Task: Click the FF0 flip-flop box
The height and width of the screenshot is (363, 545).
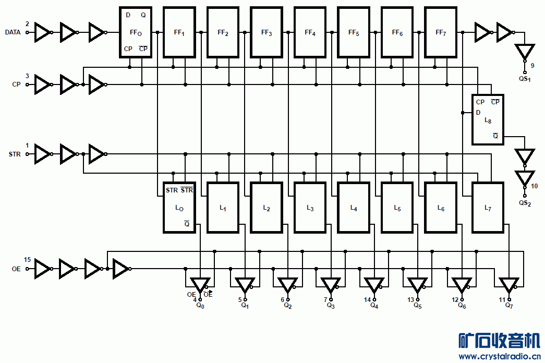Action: coord(136,32)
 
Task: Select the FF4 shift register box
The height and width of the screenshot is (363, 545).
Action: coord(310,32)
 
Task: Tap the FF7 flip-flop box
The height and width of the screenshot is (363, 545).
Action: coord(441,32)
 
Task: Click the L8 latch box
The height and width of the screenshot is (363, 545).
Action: coord(488,119)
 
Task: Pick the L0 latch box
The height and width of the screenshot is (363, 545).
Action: coord(179,208)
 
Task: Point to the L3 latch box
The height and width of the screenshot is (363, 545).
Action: coord(310,208)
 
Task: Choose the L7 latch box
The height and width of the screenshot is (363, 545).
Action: coord(488,208)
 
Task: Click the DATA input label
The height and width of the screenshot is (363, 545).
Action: coord(13,32)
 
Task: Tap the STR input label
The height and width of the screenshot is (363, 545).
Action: coord(15,154)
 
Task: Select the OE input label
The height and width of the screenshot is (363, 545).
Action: coord(16,269)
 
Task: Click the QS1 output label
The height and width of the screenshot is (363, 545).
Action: coord(524,79)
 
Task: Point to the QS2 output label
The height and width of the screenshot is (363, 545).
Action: coord(525,202)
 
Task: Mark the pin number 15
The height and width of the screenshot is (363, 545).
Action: coord(27,259)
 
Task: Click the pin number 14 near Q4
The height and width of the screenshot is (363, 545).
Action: coord(368,299)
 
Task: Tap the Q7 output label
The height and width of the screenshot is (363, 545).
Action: coord(509,306)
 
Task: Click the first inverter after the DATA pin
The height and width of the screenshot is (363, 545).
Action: coord(42,32)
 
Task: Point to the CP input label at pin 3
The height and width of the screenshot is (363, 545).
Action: coord(16,84)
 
